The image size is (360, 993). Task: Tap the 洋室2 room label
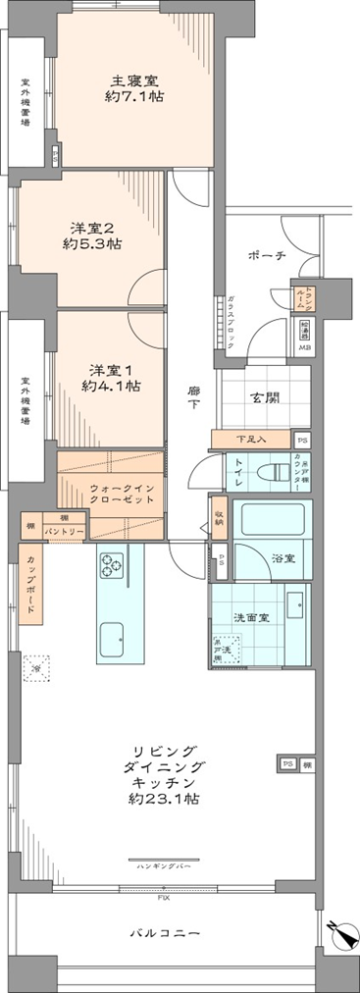(92, 225)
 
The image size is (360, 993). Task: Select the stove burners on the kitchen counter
(109, 564)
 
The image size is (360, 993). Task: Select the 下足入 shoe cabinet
(252, 440)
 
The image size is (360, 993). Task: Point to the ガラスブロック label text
(229, 319)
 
